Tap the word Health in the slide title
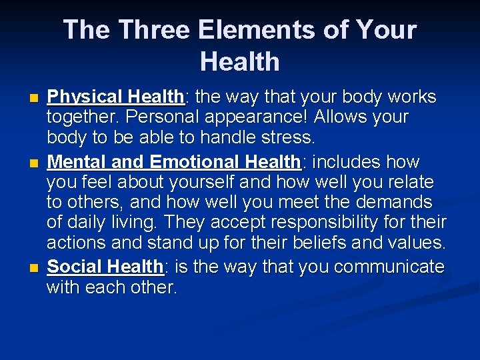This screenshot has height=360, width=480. click(x=239, y=62)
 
